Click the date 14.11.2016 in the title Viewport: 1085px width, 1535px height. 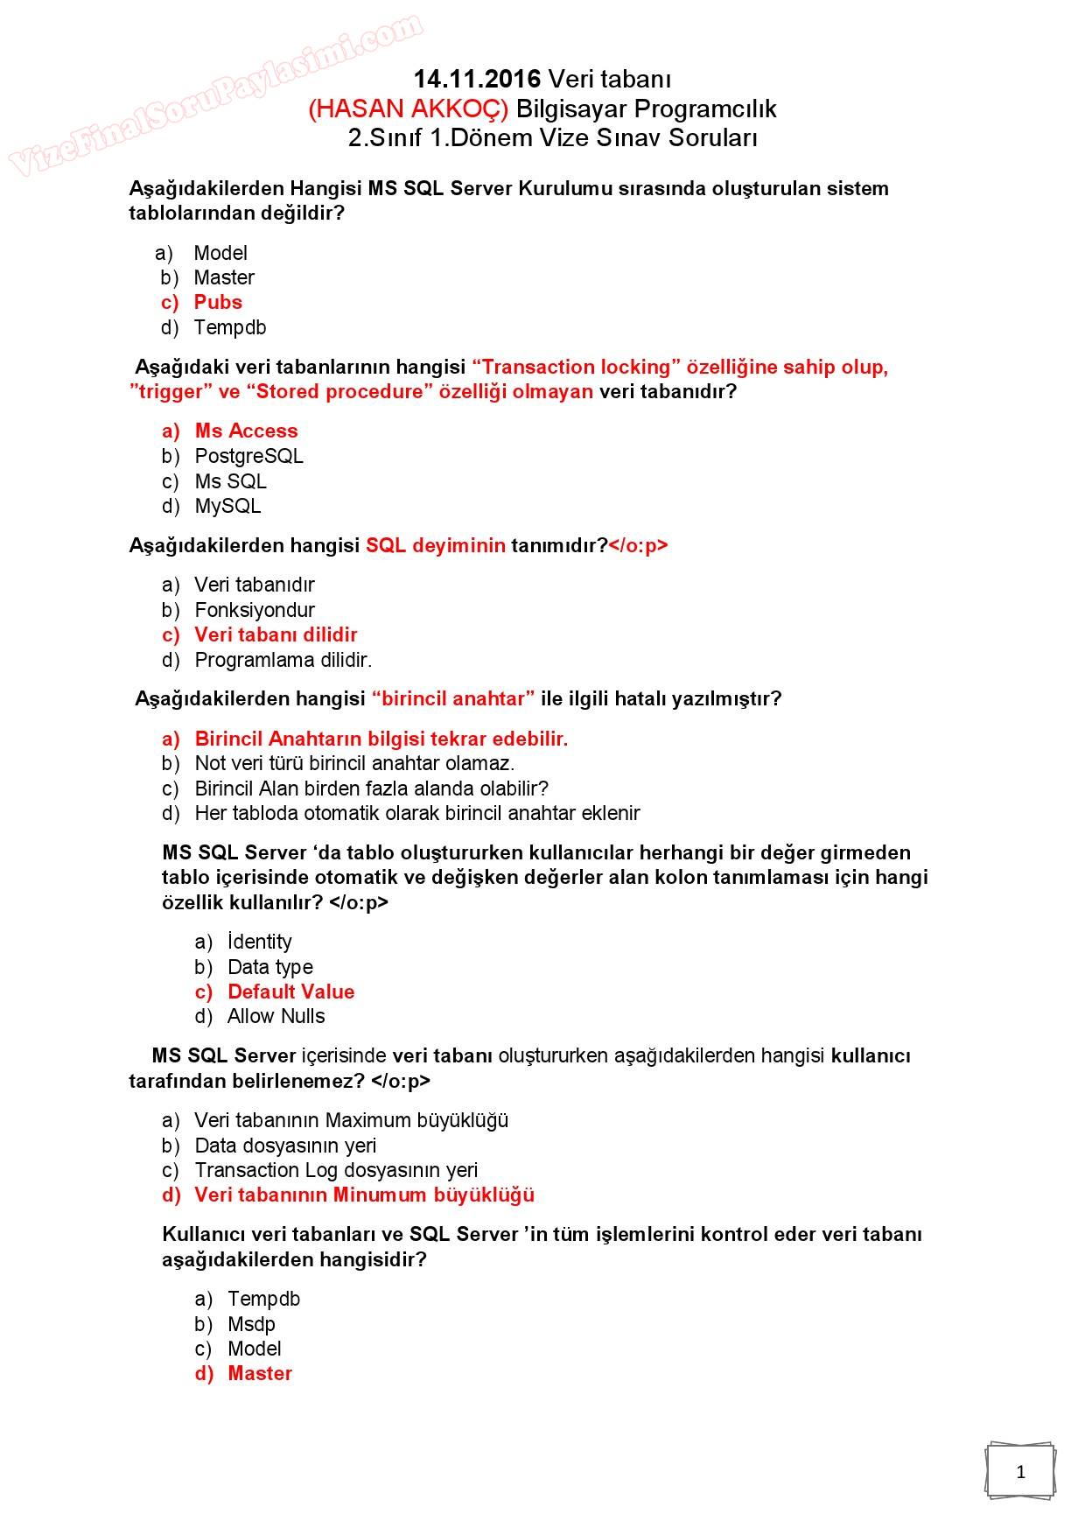coord(477,80)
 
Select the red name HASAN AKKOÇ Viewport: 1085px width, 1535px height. coord(408,109)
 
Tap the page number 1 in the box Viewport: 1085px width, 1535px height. coord(1020,1472)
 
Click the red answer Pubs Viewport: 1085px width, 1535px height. coord(218,302)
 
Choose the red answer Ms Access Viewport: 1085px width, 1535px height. coord(246,431)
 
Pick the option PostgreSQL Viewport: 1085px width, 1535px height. coord(248,456)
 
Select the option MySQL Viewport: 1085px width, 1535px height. coord(227,506)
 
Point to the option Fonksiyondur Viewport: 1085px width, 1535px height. coord(254,610)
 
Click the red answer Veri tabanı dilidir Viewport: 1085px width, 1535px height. coord(276,634)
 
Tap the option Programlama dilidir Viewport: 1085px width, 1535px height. coord(283,660)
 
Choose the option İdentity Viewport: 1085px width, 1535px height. coord(259,942)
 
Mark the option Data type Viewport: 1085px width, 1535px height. coord(269,967)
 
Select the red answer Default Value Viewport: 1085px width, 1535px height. coord(290,992)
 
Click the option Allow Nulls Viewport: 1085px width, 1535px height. coord(276,1016)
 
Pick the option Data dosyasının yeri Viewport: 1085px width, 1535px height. coord(285,1146)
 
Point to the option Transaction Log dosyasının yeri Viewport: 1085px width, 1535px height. coord(336,1170)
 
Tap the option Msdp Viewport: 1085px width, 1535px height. coord(251,1324)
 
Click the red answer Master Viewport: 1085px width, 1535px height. coord(259,1373)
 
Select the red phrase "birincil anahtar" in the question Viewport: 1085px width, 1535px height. coord(453,698)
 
